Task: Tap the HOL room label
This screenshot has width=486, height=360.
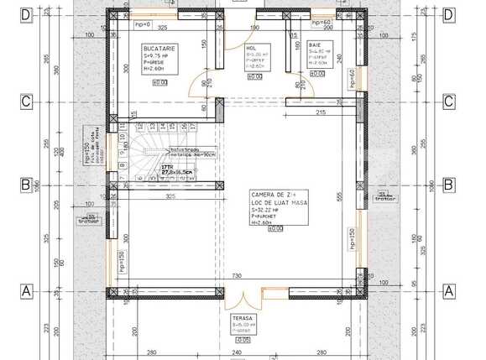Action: (250, 49)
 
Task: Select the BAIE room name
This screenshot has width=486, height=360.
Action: (315, 44)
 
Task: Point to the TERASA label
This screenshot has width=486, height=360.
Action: (243, 320)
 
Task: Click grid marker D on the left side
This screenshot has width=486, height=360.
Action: (26, 15)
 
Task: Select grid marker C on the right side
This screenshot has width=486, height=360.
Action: (448, 101)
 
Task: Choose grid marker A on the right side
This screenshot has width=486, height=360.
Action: (448, 290)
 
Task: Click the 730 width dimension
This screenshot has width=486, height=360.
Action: (237, 276)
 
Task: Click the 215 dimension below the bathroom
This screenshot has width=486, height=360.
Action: (320, 112)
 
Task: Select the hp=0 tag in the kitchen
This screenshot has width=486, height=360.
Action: (142, 25)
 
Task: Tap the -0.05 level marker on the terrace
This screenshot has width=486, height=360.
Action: (243, 341)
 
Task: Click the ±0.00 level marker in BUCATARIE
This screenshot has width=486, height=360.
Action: (159, 82)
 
